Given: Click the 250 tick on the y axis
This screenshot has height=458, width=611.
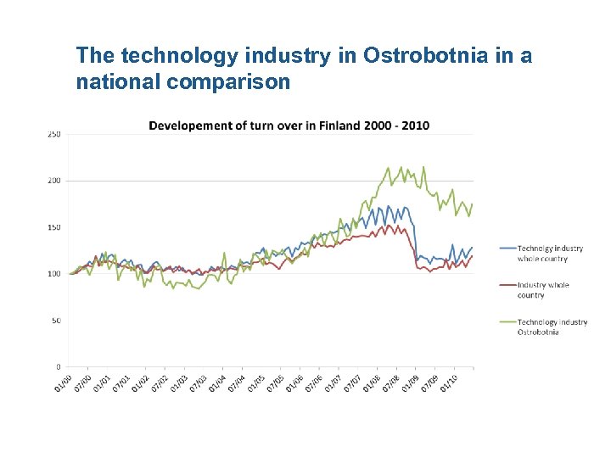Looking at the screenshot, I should (54, 134).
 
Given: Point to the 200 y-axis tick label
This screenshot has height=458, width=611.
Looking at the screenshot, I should (54, 181).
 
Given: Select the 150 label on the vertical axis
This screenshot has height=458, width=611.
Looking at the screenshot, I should (54, 227).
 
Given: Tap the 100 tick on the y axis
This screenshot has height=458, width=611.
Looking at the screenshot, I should (54, 274).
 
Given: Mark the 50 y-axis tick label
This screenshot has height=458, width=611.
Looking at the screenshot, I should (56, 321).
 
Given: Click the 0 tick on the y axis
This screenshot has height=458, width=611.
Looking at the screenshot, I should (58, 367).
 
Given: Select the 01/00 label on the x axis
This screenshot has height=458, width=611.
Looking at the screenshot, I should (62, 383).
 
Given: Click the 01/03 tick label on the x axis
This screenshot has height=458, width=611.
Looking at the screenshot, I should (179, 383).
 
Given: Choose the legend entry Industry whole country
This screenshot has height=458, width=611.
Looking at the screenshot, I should (542, 290).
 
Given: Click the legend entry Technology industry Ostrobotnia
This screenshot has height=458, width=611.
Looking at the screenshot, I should (552, 327).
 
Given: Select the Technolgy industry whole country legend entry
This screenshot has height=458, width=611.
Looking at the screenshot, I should (550, 253).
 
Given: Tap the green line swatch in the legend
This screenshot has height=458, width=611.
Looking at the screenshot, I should (507, 322).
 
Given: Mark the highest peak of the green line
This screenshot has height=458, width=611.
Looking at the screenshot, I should (389, 167).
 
